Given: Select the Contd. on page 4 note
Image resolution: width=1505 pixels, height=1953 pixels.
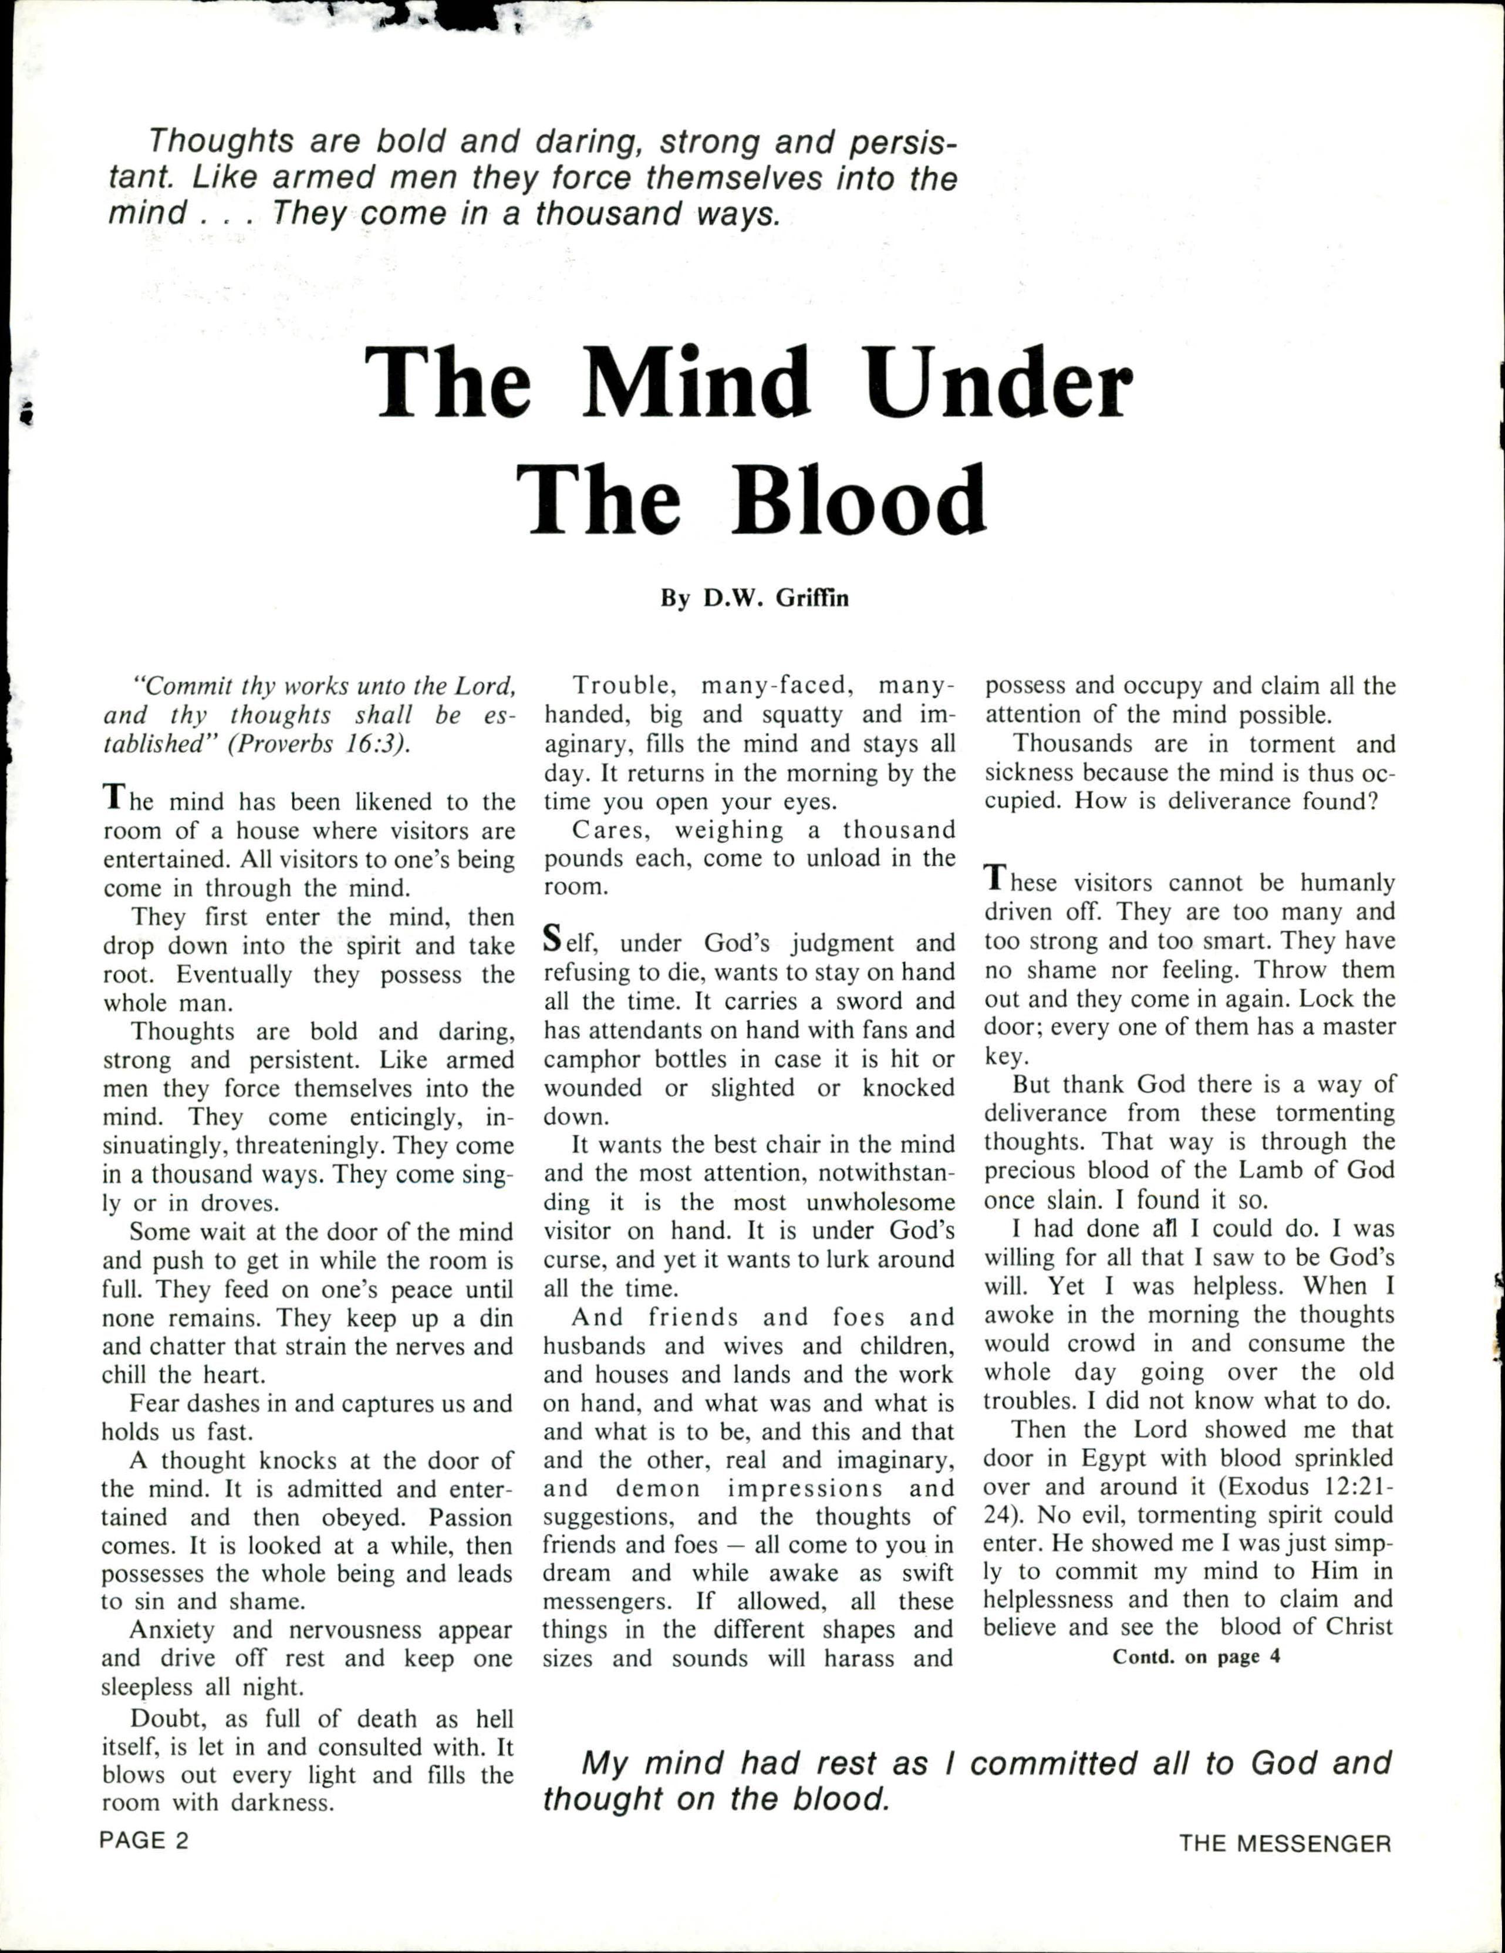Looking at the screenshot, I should click(x=1196, y=1656).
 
